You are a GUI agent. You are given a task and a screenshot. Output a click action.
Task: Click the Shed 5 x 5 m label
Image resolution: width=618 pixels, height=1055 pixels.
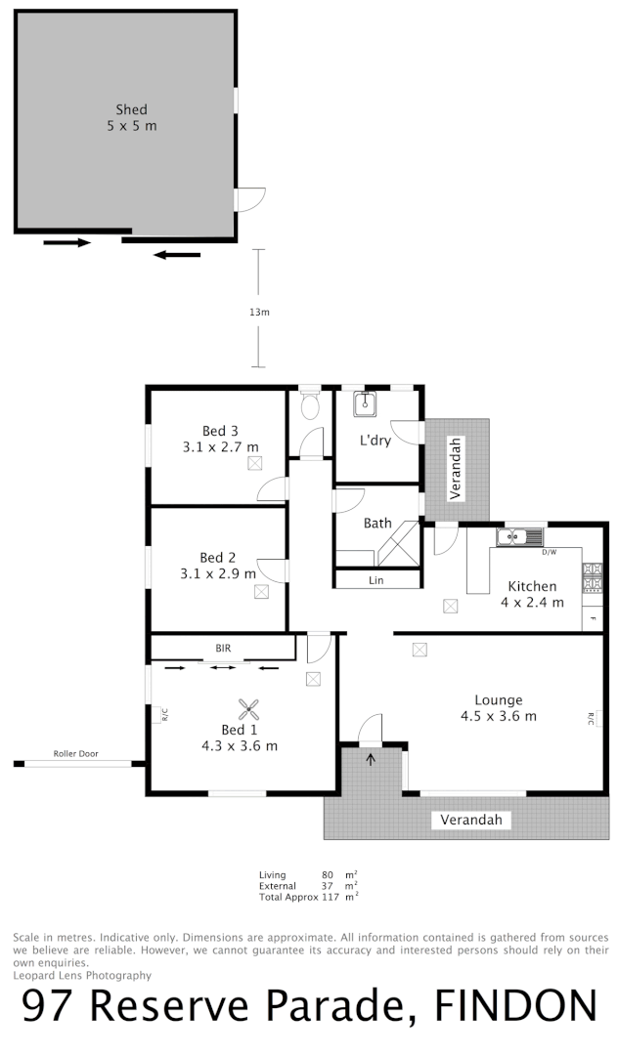tap(131, 117)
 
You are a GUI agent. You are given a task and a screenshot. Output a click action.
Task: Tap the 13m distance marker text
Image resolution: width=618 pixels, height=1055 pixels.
tap(259, 313)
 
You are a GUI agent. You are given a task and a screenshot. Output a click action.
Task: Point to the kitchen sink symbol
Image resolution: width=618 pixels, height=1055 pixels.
tap(517, 537)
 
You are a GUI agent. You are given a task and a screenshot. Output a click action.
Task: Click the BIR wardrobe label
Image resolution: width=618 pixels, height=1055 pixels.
tap(223, 648)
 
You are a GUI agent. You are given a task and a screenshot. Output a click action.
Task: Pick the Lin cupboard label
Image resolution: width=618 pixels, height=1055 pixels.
tap(375, 580)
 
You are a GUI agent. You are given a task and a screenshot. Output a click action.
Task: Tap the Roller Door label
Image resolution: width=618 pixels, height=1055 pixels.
tap(77, 754)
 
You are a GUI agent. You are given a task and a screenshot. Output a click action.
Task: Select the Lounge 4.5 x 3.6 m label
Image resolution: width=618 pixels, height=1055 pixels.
tap(498, 708)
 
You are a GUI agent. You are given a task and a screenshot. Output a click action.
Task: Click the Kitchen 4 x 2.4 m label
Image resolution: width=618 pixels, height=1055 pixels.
tap(532, 594)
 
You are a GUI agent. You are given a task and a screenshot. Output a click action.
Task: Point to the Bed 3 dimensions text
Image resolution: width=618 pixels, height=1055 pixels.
tap(220, 447)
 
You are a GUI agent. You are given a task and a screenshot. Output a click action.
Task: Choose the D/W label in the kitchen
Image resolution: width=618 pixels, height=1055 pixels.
tap(551, 553)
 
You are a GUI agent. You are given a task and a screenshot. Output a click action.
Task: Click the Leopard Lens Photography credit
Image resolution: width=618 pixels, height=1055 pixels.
tap(82, 975)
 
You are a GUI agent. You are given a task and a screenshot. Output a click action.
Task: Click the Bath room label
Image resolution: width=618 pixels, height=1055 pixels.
tap(377, 524)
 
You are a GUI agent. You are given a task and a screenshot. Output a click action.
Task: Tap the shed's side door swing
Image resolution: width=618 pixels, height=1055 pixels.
tap(250, 199)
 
